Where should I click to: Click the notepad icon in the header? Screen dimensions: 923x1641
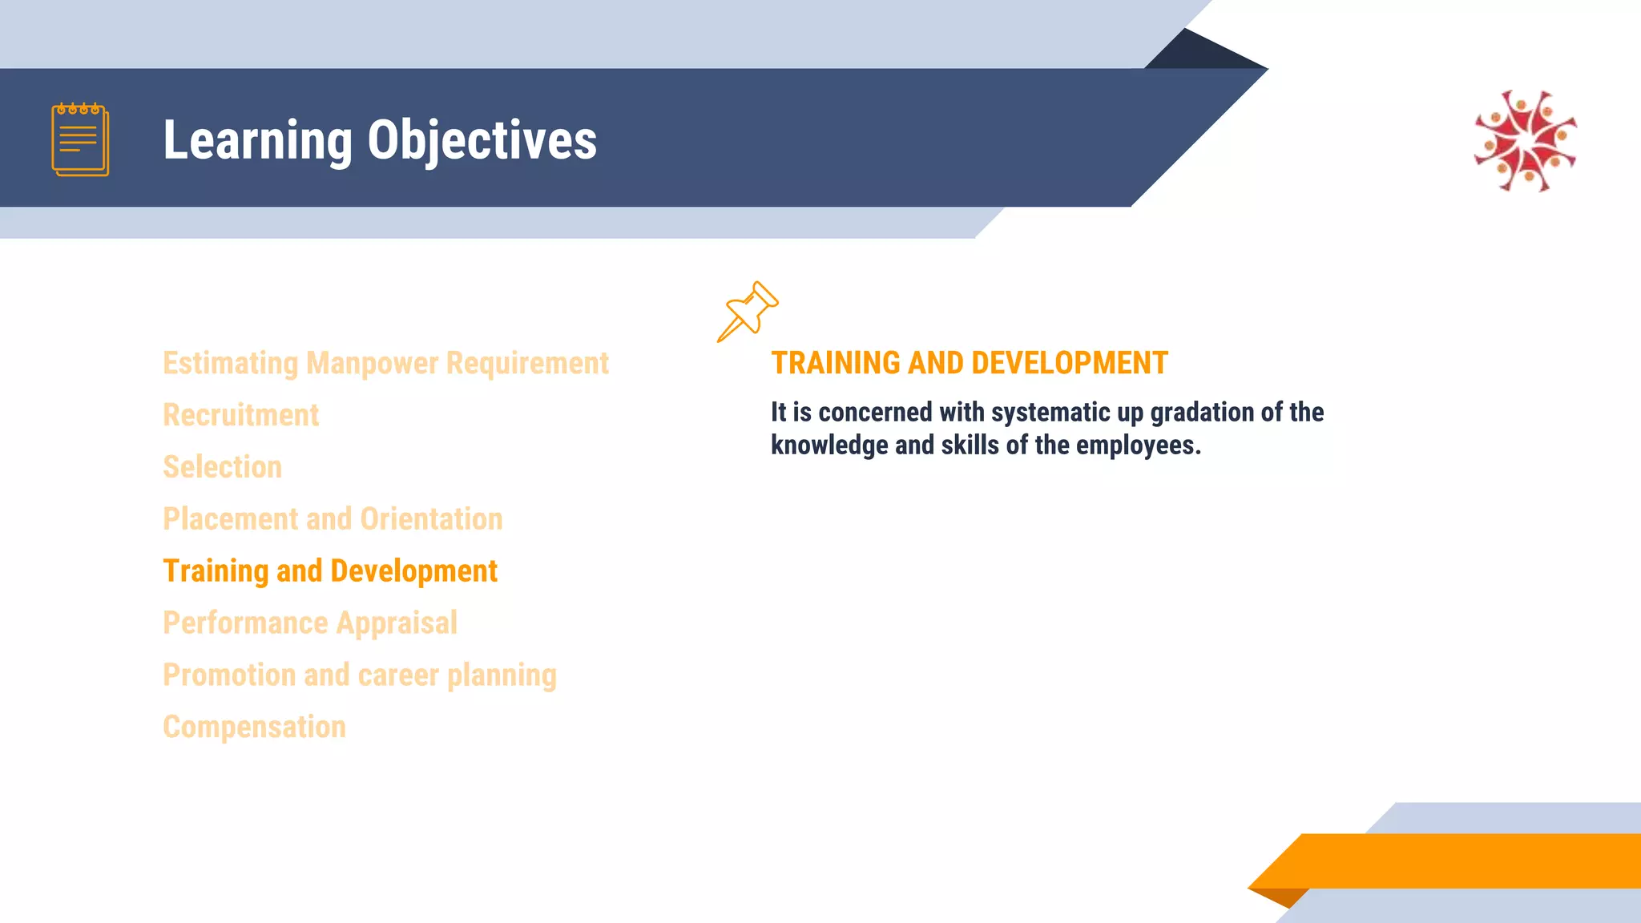(80, 139)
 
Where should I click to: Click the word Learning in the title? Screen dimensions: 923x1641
(257, 140)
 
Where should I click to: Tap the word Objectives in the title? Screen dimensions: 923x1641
(482, 140)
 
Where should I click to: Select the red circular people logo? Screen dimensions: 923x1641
(1526, 141)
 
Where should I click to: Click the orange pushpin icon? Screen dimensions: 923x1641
(748, 311)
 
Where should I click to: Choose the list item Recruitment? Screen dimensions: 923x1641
(240, 415)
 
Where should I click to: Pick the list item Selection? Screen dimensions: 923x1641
(222, 467)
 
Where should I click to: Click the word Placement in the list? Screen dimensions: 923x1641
(230, 519)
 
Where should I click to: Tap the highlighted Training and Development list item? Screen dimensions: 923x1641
(329, 571)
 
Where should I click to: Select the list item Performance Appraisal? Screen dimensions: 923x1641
(309, 623)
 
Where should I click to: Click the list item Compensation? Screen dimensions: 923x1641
(254, 728)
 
